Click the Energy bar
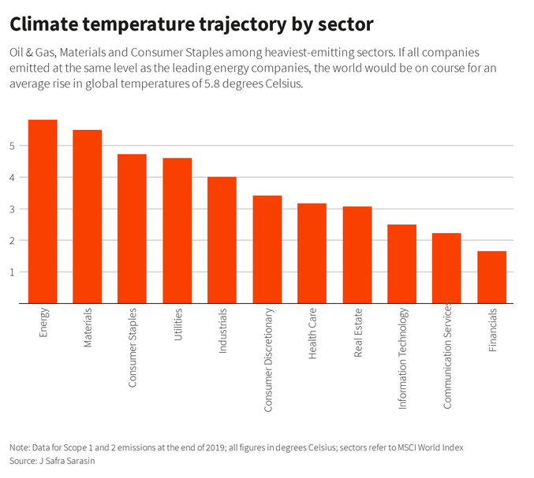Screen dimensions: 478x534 point(43,211)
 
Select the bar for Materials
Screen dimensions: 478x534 point(88,217)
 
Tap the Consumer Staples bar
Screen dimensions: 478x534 point(132,228)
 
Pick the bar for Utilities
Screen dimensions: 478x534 point(177,231)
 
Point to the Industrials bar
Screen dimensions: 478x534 point(222,240)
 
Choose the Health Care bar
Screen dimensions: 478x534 point(312,254)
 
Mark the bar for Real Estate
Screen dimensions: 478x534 point(357,255)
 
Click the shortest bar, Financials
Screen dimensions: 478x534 point(491,277)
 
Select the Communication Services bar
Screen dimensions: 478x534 point(446,269)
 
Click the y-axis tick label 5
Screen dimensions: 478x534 point(13,146)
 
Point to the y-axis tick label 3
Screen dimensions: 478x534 point(13,209)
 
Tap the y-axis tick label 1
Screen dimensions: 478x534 point(13,272)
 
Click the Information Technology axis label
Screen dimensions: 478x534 point(402,347)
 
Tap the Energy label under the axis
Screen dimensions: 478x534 point(43,324)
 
